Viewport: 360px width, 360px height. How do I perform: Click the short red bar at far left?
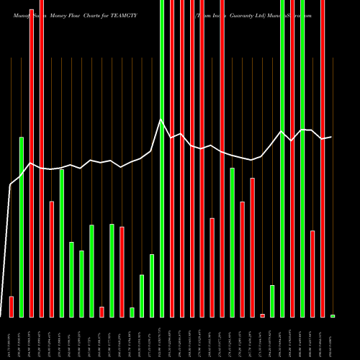pyautogui.click(x=12, y=306)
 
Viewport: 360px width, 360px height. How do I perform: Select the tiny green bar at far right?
pyautogui.click(x=333, y=315)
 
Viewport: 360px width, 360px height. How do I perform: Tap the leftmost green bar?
pyautogui.click(x=22, y=227)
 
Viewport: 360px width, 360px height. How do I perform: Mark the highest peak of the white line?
pyautogui.click(x=161, y=120)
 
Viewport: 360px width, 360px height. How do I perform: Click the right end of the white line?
pyautogui.click(x=331, y=137)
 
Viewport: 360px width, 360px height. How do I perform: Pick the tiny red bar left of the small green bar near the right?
pyautogui.click(x=262, y=315)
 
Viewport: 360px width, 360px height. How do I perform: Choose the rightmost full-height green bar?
pyautogui.click(x=302, y=158)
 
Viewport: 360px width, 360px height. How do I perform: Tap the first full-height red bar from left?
pyautogui.click(x=32, y=158)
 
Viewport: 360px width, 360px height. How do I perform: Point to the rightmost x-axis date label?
pyautogui.click(x=333, y=338)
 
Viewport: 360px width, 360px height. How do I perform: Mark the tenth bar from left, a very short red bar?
pyautogui.click(x=102, y=311)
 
